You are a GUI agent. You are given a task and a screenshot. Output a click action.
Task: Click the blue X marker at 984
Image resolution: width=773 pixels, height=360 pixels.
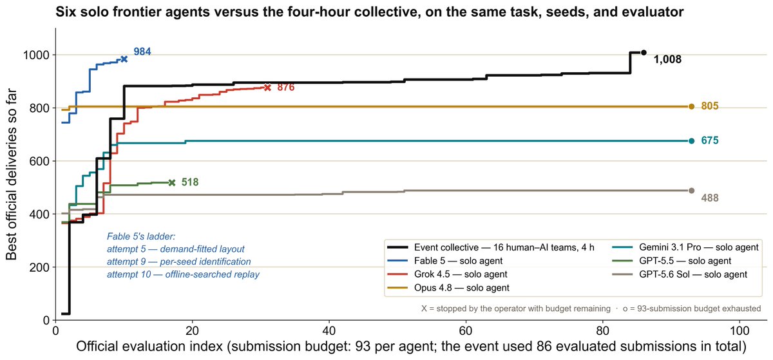coord(124,59)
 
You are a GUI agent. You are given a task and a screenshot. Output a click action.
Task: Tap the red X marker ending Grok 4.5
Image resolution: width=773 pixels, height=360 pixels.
coord(267,88)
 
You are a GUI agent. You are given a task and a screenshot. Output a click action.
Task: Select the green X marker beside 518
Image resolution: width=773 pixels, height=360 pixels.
coord(172,183)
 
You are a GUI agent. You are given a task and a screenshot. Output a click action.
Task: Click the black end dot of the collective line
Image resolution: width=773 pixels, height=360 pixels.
coord(644,52)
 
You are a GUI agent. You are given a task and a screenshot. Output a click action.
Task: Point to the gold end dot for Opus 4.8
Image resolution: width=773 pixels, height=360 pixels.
coord(692,107)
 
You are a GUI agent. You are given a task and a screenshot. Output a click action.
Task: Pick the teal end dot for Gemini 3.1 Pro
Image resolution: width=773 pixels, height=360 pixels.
coord(692,141)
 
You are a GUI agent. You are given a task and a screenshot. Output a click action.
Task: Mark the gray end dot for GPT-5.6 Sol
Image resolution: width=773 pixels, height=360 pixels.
coord(692,191)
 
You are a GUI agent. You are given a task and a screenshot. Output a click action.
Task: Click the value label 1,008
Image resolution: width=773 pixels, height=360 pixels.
coord(668,59)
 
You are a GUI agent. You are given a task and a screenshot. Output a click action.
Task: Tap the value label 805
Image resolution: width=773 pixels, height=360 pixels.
coord(710,106)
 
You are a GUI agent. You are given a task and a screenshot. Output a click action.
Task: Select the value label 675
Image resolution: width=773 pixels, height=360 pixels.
coord(710,140)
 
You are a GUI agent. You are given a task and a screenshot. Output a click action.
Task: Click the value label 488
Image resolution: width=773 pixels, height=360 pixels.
coord(710,198)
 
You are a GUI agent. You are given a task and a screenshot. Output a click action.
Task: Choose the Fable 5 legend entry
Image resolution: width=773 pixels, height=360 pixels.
coord(445,261)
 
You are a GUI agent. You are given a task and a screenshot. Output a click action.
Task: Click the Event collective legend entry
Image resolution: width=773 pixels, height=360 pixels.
coord(491,247)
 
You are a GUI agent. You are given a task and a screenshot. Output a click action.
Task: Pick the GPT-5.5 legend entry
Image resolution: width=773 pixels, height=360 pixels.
coord(671,261)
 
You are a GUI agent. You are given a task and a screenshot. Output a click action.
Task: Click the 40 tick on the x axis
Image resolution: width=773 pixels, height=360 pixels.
coord(329,330)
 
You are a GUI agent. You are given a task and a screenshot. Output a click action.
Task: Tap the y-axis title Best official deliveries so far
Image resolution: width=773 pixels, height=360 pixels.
coord(11,175)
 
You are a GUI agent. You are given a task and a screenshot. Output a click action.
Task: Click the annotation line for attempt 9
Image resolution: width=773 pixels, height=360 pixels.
coord(179,261)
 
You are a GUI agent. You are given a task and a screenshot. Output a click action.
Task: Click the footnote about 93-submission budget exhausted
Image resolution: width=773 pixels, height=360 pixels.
coord(692,308)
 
